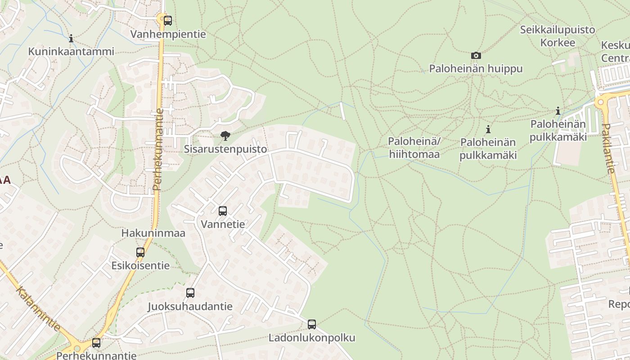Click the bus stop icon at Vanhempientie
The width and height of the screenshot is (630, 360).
[168, 20]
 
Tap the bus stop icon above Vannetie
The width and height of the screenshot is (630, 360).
[222, 211]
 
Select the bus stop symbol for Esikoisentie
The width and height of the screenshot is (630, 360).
[140, 252]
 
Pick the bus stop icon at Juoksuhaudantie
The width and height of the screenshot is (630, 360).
[190, 293]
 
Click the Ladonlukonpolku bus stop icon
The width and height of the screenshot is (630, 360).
[312, 324]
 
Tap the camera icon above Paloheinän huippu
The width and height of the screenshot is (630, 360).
[476, 55]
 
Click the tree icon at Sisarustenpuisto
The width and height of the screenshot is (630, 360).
[225, 135]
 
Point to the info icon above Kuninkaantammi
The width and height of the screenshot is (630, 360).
[71, 38]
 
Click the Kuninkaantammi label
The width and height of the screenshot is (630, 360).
[71, 51]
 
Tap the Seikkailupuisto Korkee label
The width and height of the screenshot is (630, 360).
[558, 36]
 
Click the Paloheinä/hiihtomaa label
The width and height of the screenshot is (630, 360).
[414, 148]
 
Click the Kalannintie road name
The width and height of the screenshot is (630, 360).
[38, 309]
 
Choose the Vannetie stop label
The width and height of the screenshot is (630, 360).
[223, 224]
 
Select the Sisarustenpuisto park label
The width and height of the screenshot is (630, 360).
[225, 149]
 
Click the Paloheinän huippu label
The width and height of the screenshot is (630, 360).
[476, 69]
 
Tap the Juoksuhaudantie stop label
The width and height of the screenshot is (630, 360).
[190, 306]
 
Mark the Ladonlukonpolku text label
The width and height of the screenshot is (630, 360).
[312, 337]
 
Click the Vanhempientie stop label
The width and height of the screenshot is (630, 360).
[168, 34]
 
